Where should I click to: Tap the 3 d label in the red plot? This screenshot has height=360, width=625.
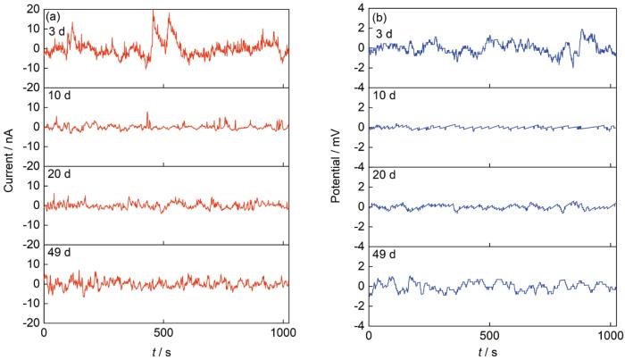click(x=57, y=33)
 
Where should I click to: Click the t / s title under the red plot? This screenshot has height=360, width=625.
click(x=165, y=352)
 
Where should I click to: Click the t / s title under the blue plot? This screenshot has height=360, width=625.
click(x=491, y=352)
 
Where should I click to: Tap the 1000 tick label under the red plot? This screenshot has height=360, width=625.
click(x=280, y=334)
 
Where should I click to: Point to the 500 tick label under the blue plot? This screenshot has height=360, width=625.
click(x=489, y=334)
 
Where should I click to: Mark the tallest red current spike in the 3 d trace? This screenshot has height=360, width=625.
click(x=154, y=12)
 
